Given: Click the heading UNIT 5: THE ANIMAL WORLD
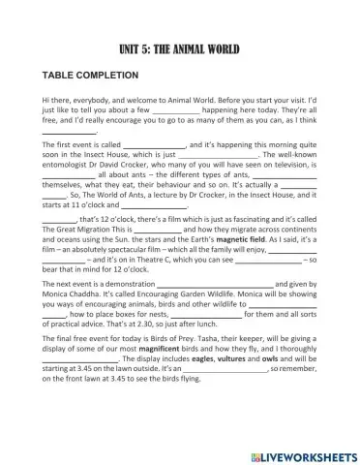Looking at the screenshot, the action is pos(179,48).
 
